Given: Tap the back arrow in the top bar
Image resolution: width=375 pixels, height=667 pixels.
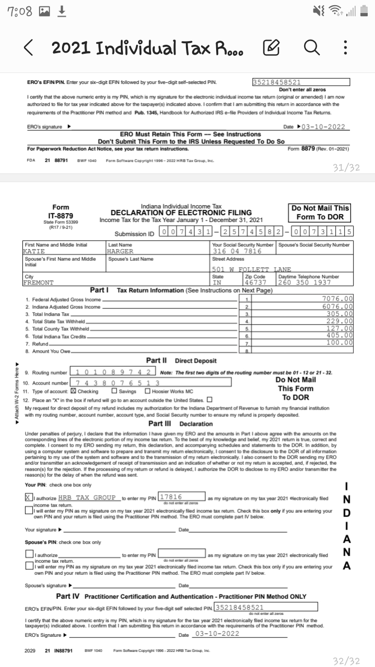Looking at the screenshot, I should [x=30, y=48].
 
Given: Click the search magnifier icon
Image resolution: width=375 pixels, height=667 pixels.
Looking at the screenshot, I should [x=311, y=48].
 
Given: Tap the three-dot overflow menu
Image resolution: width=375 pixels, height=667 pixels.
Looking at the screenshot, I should [x=345, y=48].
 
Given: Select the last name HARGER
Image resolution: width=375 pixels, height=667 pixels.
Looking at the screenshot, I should [x=120, y=251].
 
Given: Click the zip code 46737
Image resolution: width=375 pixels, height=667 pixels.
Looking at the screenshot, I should [x=255, y=282].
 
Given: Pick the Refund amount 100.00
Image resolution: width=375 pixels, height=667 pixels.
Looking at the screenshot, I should [x=340, y=342].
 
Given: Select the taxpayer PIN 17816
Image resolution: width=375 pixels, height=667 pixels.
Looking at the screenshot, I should [x=171, y=497].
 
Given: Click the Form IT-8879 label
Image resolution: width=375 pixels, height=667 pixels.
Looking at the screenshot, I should [x=60, y=215].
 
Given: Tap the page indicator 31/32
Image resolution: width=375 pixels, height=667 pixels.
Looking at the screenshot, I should [x=346, y=167].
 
